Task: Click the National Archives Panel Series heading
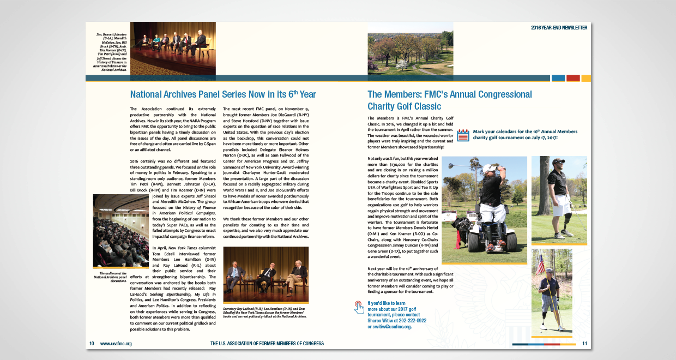tap(223, 94)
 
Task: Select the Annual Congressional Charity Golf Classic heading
tap(449, 100)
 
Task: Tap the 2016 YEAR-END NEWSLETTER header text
tap(559, 27)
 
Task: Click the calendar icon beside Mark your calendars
tap(462, 135)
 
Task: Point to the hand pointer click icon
tap(359, 307)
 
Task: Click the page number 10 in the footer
tap(92, 344)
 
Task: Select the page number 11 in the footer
tap(584, 344)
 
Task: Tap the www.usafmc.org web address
tap(116, 344)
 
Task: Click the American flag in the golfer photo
tap(540, 265)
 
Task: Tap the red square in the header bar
tap(572, 78)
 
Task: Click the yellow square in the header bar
tap(586, 78)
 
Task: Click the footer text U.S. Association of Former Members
tap(267, 344)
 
